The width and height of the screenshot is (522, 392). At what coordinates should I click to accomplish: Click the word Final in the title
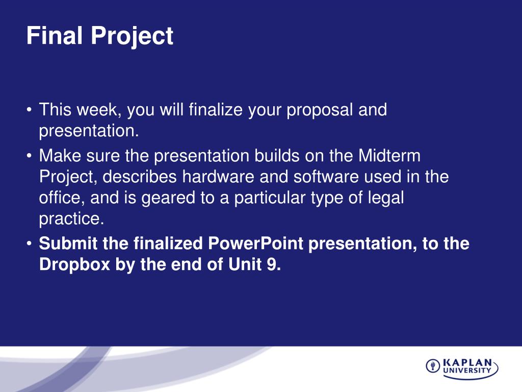click(x=54, y=35)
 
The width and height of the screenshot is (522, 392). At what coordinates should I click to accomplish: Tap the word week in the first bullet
click(x=99, y=110)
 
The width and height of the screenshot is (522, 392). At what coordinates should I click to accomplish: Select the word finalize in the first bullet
click(x=216, y=110)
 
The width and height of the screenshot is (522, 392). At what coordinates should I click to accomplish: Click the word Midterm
click(x=389, y=156)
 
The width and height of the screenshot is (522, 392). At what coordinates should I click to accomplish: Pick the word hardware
click(x=218, y=177)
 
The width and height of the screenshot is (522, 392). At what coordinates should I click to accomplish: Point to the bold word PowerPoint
click(x=255, y=243)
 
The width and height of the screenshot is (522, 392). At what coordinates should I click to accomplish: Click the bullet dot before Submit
click(x=30, y=244)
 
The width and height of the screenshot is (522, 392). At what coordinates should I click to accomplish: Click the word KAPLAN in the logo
click(x=468, y=363)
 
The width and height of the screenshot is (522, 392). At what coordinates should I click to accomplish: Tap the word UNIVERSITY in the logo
click(x=467, y=370)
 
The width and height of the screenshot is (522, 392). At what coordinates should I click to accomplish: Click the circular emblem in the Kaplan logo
click(x=433, y=366)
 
